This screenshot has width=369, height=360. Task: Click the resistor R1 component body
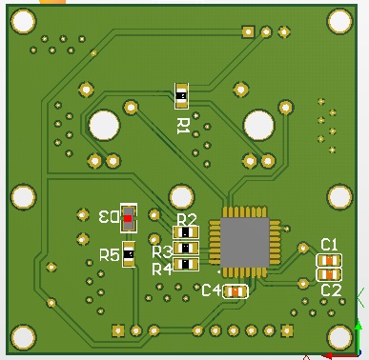pyautogui.click(x=181, y=95)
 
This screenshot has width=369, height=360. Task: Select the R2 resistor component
pyautogui.click(x=186, y=232)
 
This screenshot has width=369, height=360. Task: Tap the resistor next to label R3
pyautogui.click(x=186, y=248)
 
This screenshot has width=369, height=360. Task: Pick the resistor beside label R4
pyautogui.click(x=186, y=264)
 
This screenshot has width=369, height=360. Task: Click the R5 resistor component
pyautogui.click(x=129, y=254)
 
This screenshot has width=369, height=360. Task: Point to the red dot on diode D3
pyautogui.click(x=128, y=218)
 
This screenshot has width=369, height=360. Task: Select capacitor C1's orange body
pyautogui.click(x=329, y=261)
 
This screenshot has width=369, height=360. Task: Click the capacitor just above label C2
pyautogui.click(x=329, y=274)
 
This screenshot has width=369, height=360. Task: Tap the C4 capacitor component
pyautogui.click(x=236, y=291)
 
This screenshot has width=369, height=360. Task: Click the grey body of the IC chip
pyautogui.click(x=244, y=242)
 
